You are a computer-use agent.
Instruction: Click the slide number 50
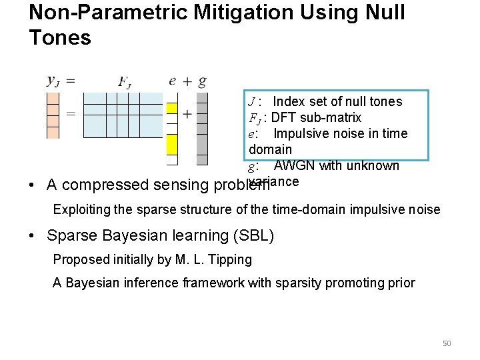[x=447, y=343]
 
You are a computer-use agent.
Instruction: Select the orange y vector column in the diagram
[x=53, y=115]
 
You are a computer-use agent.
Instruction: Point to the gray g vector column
[x=202, y=128]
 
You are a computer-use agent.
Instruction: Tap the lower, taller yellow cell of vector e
[x=172, y=144]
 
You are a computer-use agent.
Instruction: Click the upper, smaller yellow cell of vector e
[x=172, y=109]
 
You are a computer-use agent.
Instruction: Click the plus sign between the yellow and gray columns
[x=187, y=114]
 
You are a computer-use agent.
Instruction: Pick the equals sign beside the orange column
[x=70, y=114]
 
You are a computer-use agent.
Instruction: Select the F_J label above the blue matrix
[x=124, y=82]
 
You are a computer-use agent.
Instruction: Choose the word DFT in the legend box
[x=285, y=117]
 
